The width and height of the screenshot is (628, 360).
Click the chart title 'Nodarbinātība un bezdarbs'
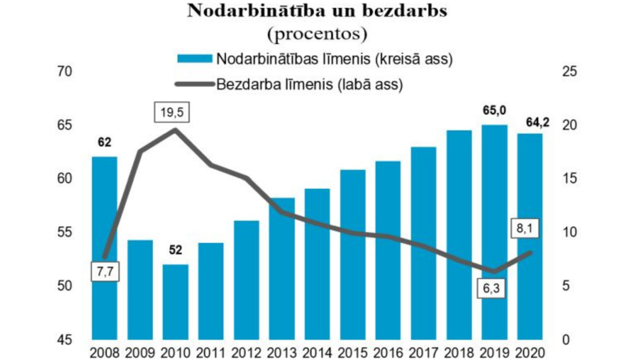pyautogui.click(x=317, y=11)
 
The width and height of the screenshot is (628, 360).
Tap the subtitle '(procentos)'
pyautogui.click(x=317, y=33)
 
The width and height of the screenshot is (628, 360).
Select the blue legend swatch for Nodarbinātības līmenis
pyautogui.click(x=195, y=59)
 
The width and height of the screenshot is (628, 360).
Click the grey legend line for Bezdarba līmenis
pyautogui.click(x=195, y=84)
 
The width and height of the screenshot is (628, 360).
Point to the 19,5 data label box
pyautogui.click(x=172, y=112)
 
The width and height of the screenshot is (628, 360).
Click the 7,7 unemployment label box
pyautogui.click(x=105, y=272)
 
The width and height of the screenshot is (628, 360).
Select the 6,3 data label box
pyautogui.click(x=491, y=288)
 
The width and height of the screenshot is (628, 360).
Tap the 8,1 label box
pyautogui.click(x=524, y=228)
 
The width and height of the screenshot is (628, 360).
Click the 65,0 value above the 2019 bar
pyautogui.click(x=494, y=111)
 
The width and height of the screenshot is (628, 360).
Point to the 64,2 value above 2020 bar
pyautogui.click(x=538, y=122)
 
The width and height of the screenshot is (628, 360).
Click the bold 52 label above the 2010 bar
pyautogui.click(x=175, y=250)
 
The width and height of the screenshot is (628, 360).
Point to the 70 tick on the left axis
pyautogui.click(x=64, y=72)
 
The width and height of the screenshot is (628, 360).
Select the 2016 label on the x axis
pyautogui.click(x=388, y=352)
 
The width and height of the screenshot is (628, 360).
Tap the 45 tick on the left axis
pyautogui.click(x=64, y=340)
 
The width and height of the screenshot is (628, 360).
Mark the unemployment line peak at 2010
pyautogui.click(x=175, y=130)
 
